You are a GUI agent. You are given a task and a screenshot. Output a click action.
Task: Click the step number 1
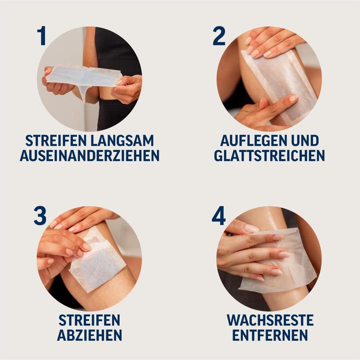click(x=41, y=36)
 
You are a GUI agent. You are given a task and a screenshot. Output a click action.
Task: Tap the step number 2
click(x=219, y=36)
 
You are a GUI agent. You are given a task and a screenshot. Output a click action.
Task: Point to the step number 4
click(x=219, y=215)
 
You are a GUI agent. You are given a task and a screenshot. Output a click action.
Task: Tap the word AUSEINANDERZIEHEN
click(x=89, y=155)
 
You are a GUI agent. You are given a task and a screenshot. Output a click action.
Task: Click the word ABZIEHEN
click(x=89, y=334)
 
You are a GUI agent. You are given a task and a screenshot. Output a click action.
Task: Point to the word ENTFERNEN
click(x=269, y=334)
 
